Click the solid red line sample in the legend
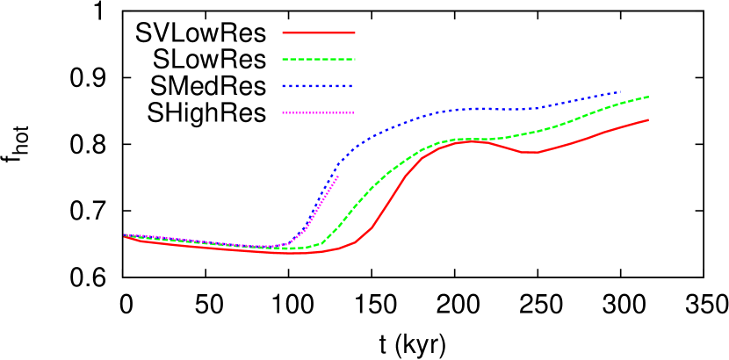click(318, 32)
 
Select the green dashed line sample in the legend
click(318, 59)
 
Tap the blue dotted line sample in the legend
click(318, 86)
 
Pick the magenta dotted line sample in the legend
click(318, 112)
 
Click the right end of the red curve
click(648, 119)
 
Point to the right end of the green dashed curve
click(649, 97)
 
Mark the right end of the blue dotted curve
click(620, 91)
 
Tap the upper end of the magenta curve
click(338, 176)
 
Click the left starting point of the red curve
click(125, 235)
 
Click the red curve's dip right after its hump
click(530, 153)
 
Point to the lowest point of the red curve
click(299, 253)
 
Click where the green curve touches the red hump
click(466, 140)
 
